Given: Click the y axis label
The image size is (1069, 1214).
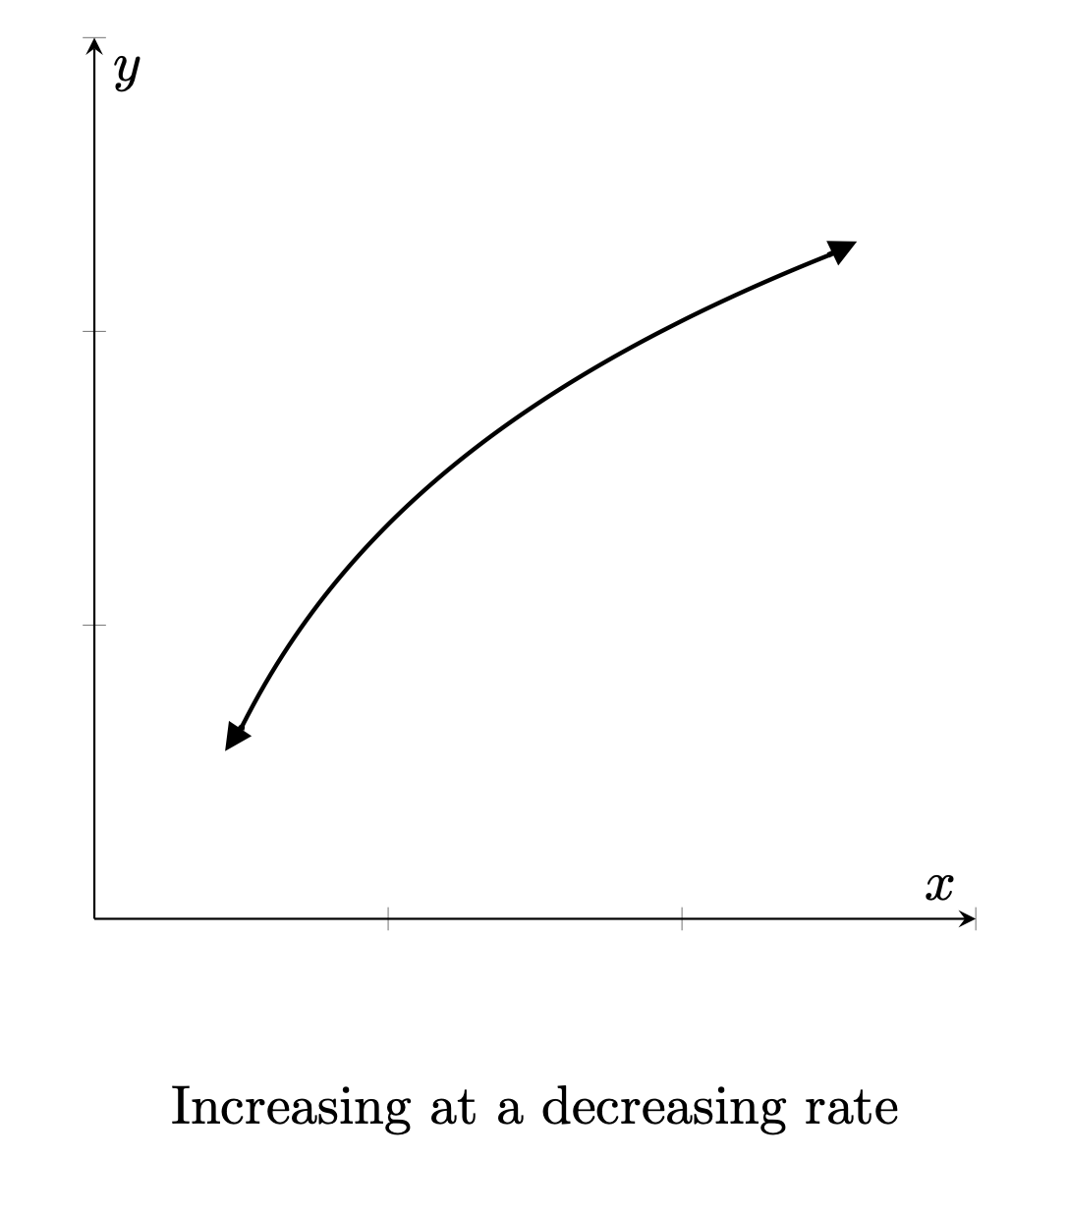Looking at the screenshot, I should (127, 71).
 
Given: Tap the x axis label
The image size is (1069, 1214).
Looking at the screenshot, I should (939, 886).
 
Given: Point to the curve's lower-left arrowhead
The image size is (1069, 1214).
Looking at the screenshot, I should (236, 737).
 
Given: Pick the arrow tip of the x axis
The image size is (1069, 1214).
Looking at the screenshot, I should (973, 919).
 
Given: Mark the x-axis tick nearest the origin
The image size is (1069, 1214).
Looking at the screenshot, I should (388, 919).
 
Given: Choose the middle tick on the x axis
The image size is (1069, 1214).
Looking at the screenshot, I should (682, 919).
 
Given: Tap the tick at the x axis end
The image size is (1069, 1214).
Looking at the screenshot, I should (976, 919).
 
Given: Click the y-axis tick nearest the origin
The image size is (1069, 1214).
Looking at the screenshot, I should (94, 625).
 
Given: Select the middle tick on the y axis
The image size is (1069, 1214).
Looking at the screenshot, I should (94, 331).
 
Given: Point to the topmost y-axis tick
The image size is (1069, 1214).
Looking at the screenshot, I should (94, 38).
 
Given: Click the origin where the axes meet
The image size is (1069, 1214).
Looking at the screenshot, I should (94, 919).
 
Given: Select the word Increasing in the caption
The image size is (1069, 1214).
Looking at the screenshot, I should (290, 1108).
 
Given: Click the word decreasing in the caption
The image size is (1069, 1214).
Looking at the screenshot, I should (663, 1108).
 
